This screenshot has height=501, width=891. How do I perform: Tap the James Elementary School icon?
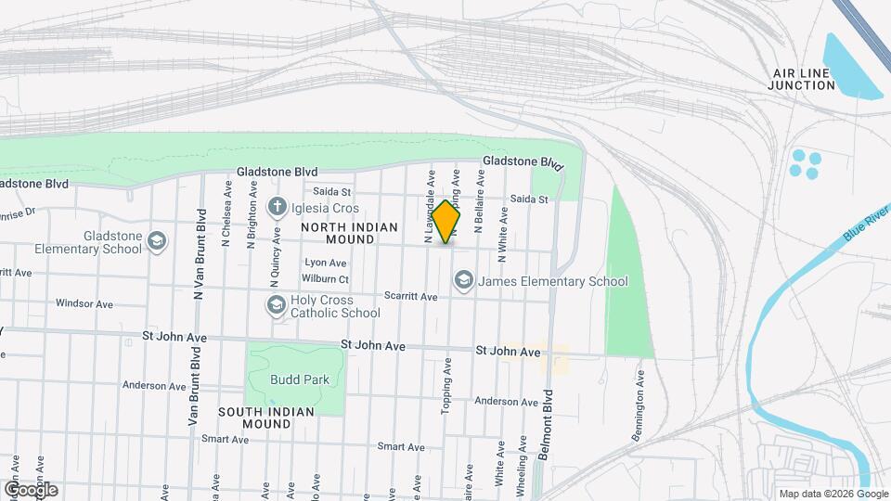point(462,280)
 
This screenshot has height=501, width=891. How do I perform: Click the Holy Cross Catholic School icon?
point(276,305)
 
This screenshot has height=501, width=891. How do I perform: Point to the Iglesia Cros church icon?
point(277,207)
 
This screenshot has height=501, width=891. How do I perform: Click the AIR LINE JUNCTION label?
point(802,79)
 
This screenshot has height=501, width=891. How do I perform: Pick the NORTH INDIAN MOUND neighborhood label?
point(349,233)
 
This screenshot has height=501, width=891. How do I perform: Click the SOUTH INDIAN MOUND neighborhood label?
point(266,417)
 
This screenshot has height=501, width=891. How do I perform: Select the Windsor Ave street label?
point(84,303)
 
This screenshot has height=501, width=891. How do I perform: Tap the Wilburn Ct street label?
point(325,279)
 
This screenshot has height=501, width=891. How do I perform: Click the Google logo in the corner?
point(31,489)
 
